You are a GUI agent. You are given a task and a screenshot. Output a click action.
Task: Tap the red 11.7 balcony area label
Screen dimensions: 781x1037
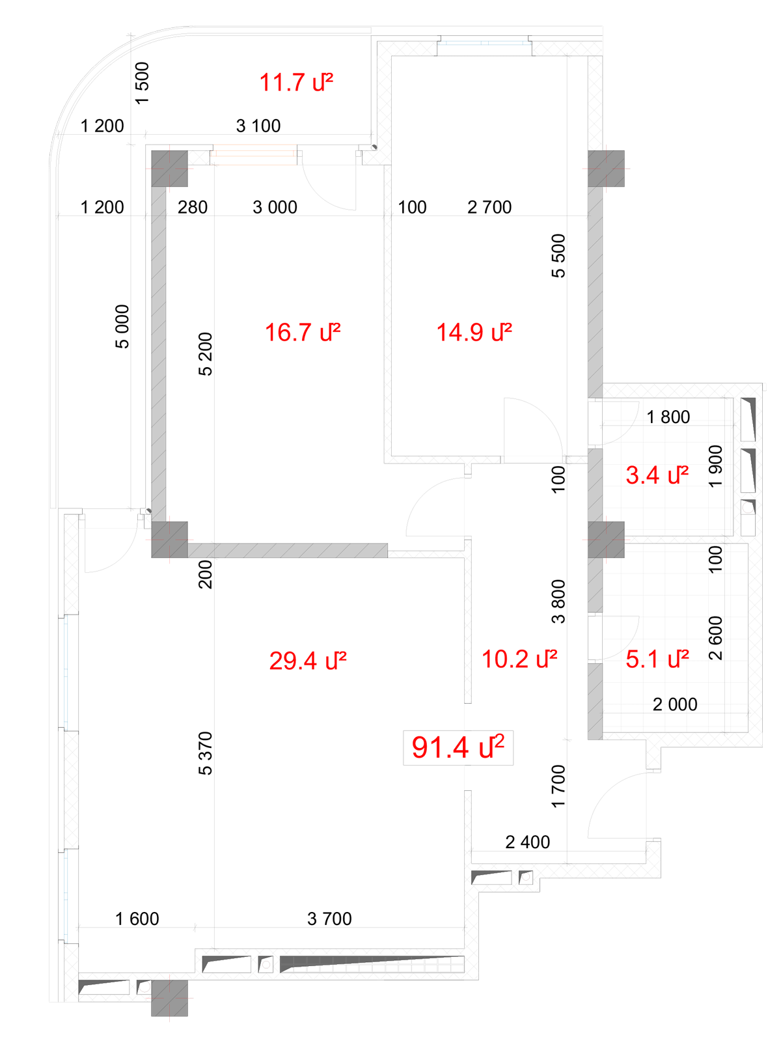point(296,82)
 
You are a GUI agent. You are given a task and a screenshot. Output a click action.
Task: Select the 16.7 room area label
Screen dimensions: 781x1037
point(302,332)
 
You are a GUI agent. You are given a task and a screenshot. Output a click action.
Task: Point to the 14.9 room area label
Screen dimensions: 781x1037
point(474,332)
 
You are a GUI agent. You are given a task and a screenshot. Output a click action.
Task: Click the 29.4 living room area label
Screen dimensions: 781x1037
point(307,661)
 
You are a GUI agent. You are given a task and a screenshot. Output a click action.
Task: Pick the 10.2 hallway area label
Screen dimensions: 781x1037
point(519,659)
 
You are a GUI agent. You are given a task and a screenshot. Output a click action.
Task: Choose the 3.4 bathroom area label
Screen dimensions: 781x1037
point(657,475)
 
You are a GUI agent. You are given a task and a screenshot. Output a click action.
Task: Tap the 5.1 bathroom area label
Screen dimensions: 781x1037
point(657,659)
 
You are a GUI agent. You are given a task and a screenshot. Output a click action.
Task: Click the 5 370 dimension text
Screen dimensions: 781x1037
point(205,753)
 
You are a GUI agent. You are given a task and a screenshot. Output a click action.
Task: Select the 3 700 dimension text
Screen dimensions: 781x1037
point(329,919)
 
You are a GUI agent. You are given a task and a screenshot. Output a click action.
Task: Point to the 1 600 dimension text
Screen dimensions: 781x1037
point(137,919)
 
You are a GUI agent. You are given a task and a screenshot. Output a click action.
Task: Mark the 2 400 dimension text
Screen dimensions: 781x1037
point(527,842)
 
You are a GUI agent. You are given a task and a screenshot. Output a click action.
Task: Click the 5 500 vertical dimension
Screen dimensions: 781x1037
point(558,256)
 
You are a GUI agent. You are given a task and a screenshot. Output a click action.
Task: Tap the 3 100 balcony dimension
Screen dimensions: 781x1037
point(258,126)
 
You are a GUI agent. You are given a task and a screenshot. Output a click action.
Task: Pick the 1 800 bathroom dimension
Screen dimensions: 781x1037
point(668,417)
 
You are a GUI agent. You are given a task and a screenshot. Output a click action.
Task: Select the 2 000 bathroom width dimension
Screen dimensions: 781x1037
point(675,704)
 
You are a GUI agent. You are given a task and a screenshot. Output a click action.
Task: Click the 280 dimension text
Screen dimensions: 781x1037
point(192,207)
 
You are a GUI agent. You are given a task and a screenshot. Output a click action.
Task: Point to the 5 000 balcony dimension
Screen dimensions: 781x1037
point(122,326)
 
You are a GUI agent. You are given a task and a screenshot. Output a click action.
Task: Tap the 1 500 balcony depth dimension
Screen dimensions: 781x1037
point(142,83)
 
